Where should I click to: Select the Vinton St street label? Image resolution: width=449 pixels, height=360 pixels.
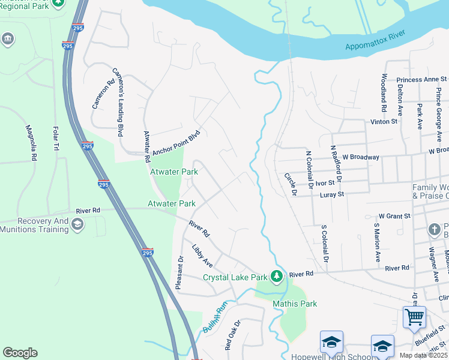pos(384,121)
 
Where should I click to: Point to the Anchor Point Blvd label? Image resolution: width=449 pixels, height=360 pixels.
pos(175,144)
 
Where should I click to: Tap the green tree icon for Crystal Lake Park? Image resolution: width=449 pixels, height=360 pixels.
pos(277,276)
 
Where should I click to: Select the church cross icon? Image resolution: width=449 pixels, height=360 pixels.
pos(435,230)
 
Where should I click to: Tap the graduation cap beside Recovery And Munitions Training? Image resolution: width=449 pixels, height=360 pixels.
pos(77,224)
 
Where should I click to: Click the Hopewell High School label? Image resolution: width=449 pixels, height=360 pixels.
pos(327,356)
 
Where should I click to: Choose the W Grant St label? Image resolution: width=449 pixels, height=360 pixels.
pos(394,215)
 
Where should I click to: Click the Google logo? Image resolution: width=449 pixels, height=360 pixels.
pos(20,353)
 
